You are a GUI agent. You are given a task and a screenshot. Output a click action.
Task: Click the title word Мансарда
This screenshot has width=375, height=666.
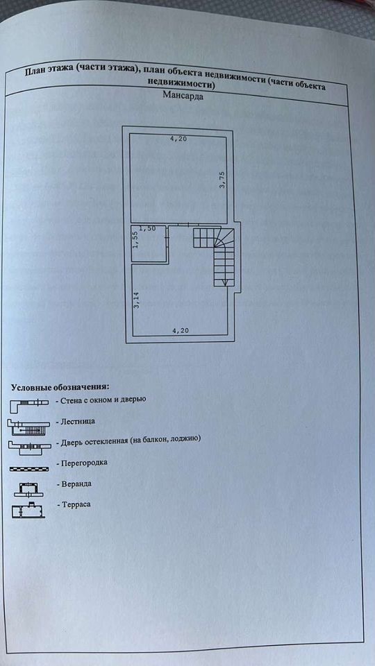183,96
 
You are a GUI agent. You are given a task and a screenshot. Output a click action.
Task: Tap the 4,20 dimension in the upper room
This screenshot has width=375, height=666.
178,139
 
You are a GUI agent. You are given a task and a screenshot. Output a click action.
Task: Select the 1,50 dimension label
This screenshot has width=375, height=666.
147,229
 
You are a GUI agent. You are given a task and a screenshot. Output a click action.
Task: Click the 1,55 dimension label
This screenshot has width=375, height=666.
135,241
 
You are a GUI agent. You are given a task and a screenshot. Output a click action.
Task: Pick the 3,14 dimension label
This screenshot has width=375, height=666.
137,300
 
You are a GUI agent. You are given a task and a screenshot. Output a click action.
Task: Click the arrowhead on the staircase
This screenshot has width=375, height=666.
224,282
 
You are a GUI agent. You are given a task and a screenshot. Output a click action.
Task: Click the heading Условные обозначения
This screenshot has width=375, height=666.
60,387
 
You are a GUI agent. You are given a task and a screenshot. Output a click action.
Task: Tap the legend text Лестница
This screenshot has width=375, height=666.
77,421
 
